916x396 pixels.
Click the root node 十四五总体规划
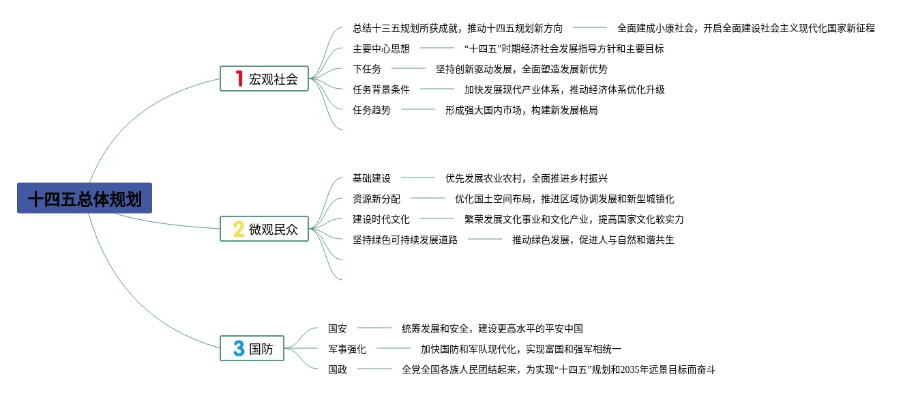(x=85, y=199)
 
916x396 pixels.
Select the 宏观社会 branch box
(x=265, y=79)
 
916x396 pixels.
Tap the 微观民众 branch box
(x=265, y=229)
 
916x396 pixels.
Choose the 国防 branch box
(x=252, y=348)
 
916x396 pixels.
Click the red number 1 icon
(x=239, y=79)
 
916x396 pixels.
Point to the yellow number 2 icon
(x=239, y=229)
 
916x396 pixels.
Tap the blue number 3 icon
(x=239, y=348)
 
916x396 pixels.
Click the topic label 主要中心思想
(x=381, y=48)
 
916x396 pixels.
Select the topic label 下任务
(x=367, y=69)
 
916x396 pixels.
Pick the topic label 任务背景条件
(x=381, y=89)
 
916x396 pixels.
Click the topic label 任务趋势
(x=372, y=110)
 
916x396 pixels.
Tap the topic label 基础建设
(x=372, y=178)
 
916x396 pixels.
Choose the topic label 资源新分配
(x=376, y=199)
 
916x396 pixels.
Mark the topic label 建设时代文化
(x=381, y=219)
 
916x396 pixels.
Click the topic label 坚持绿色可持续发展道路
(x=405, y=240)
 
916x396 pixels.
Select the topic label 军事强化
(x=347, y=349)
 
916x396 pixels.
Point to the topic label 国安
(x=338, y=328)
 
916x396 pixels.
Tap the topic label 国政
(x=338, y=369)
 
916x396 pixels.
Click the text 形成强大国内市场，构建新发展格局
(x=521, y=110)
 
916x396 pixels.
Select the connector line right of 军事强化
(x=394, y=348)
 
